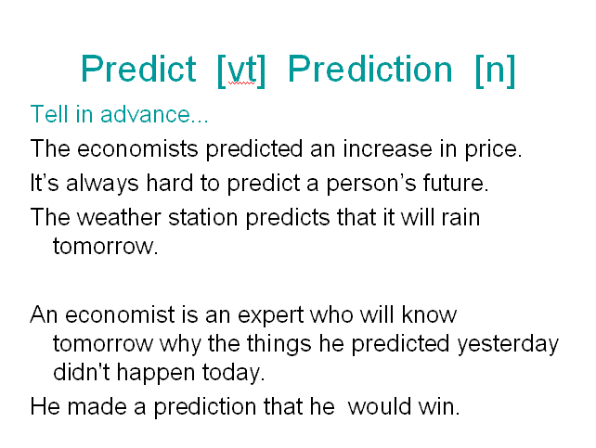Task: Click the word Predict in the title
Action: [138, 69]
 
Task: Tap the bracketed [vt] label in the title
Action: [241, 71]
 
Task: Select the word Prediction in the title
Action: [370, 69]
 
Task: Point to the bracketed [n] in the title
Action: [495, 71]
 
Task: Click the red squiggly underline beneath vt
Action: [241, 83]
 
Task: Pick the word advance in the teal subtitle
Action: [145, 114]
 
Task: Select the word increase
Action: [388, 148]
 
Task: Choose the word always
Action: [102, 184]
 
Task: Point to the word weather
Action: [120, 218]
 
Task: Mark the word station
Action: [203, 218]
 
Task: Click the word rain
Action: [460, 218]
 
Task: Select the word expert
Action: [271, 316]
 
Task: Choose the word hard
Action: [170, 183]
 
